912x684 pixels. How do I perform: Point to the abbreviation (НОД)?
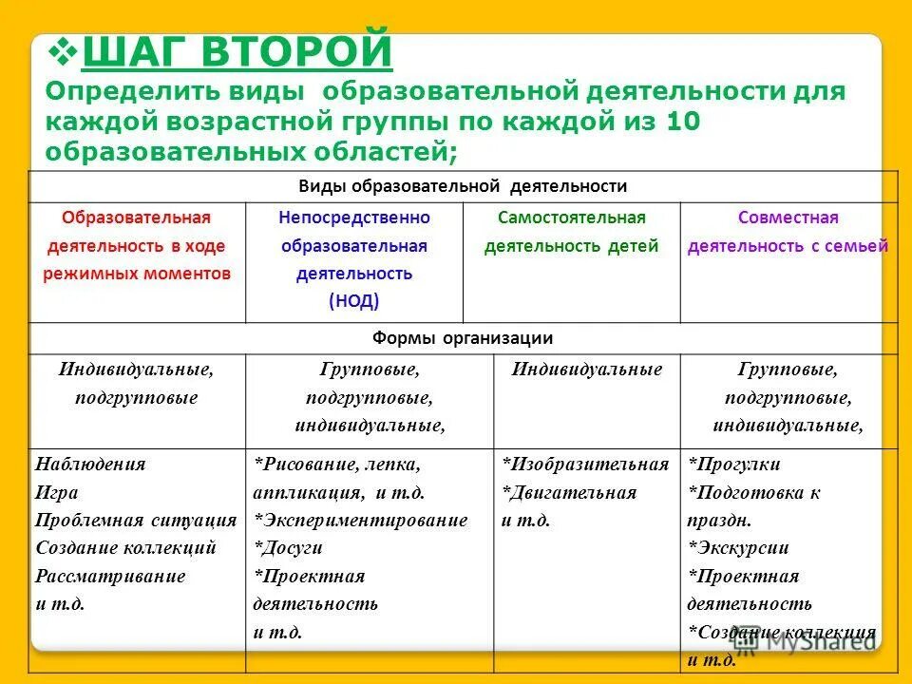pyautogui.click(x=353, y=301)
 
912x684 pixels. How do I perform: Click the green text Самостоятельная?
pyautogui.click(x=571, y=218)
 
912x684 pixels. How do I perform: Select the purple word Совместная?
pyautogui.click(x=788, y=218)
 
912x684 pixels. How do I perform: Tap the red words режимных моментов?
pyautogui.click(x=137, y=274)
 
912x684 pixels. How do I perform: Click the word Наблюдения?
pyautogui.click(x=90, y=465)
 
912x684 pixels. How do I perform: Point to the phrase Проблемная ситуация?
pyautogui.click(x=136, y=521)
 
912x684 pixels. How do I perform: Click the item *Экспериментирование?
pyautogui.click(x=360, y=521)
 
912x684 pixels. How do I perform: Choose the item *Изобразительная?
pyautogui.click(x=585, y=465)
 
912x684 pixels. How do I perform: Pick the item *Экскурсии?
pyautogui.click(x=738, y=548)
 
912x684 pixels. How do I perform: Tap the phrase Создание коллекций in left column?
pyautogui.click(x=125, y=548)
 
